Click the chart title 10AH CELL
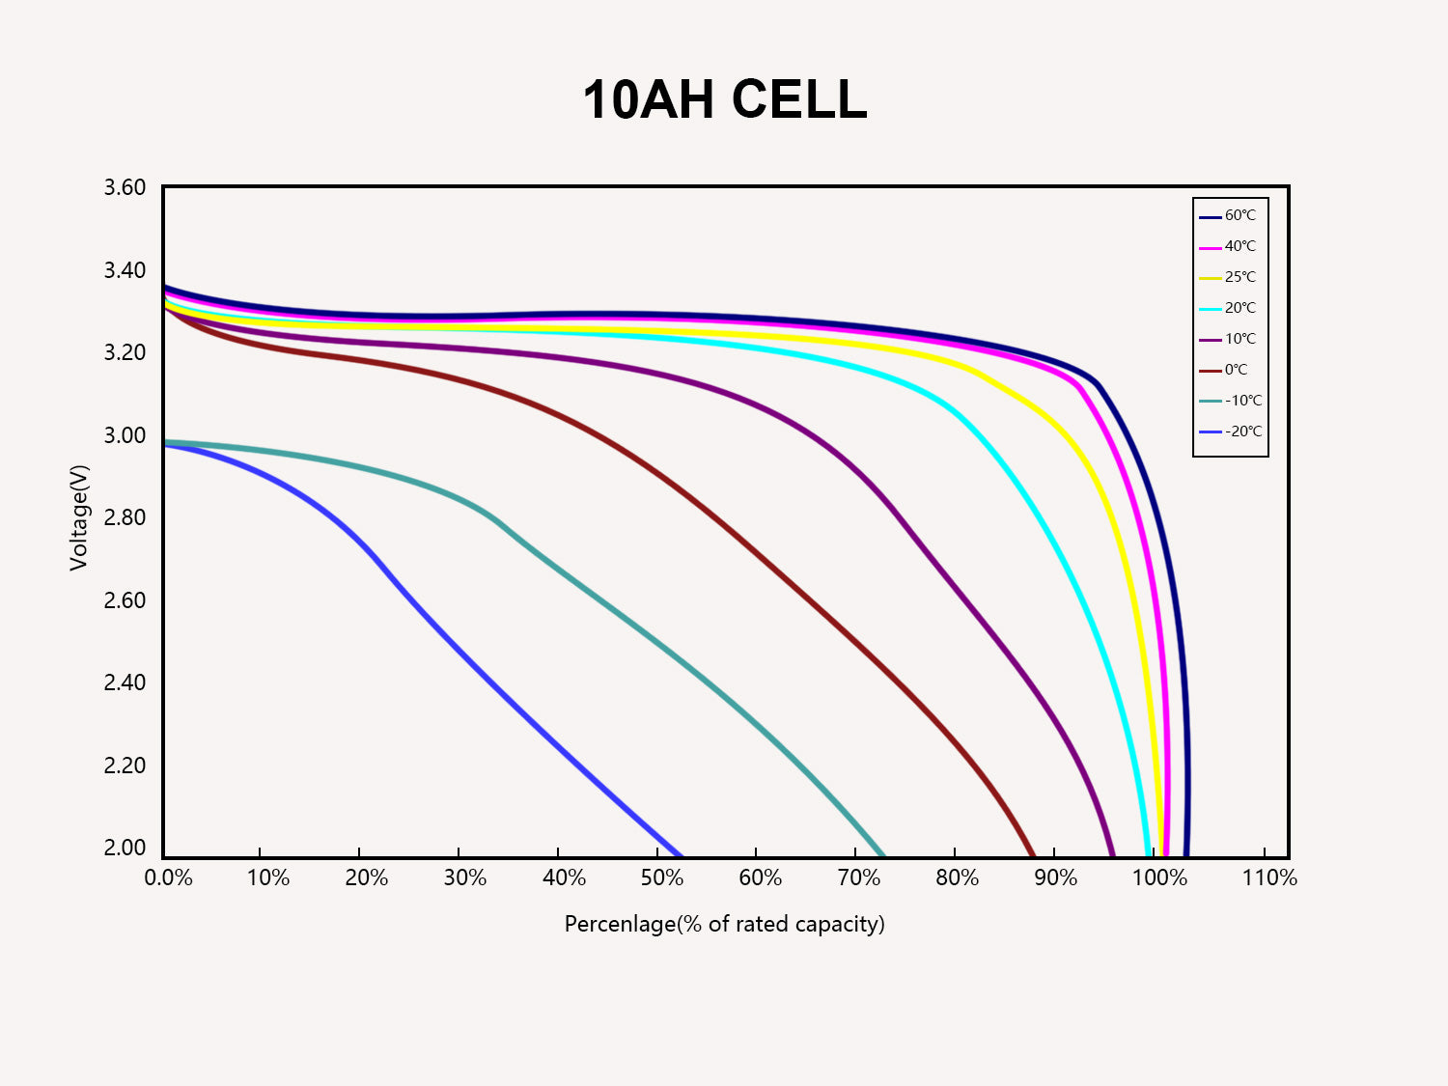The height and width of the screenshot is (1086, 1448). click(x=724, y=99)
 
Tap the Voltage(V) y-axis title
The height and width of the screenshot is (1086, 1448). click(x=79, y=517)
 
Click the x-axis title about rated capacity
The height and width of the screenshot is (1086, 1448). click(x=724, y=924)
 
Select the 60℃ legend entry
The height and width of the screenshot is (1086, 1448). click(x=1230, y=215)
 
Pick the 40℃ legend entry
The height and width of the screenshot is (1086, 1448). click(x=1230, y=246)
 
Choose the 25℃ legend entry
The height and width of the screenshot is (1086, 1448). click(x=1230, y=277)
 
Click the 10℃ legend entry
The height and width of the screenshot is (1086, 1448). click(x=1230, y=339)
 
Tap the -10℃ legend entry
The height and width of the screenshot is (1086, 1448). click(x=1231, y=401)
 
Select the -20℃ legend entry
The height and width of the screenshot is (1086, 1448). click(x=1231, y=432)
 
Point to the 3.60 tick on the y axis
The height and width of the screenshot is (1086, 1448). click(x=125, y=187)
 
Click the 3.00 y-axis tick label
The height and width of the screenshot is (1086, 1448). click(x=125, y=435)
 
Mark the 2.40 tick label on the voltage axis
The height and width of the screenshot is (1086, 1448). click(x=125, y=682)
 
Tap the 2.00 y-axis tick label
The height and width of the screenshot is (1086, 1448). click(x=125, y=848)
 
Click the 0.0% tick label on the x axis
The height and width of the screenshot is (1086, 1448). click(x=168, y=877)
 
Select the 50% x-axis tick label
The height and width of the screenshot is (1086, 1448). click(x=662, y=877)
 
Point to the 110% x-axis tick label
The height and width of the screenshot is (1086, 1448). click(x=1269, y=877)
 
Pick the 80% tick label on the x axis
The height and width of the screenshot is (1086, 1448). click(x=957, y=877)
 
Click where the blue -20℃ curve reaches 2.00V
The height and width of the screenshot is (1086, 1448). click(x=681, y=855)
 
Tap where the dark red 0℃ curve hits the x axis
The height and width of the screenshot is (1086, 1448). click(x=1034, y=855)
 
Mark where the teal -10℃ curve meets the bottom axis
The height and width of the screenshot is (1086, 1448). click(x=883, y=855)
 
